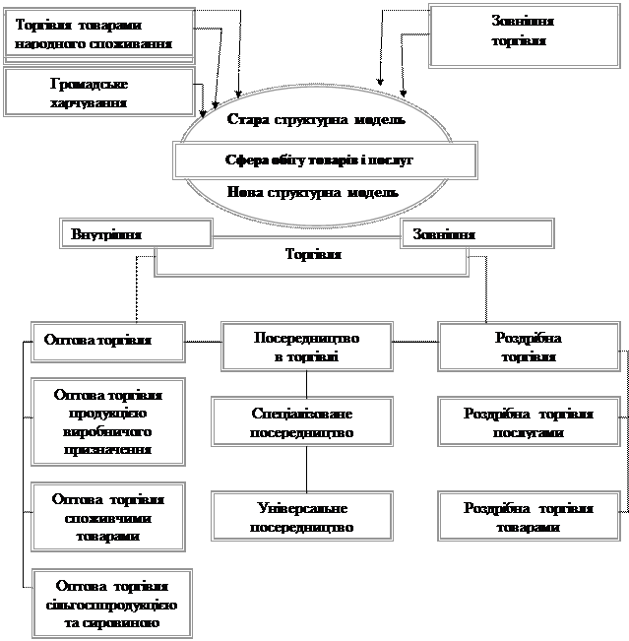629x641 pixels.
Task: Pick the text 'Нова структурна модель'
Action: point(313,192)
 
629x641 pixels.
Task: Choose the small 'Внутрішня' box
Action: point(138,234)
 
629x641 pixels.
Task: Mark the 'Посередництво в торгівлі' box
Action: point(306,347)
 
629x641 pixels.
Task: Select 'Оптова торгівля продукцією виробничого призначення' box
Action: point(109,421)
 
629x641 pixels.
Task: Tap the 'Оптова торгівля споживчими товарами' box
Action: point(109,517)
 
